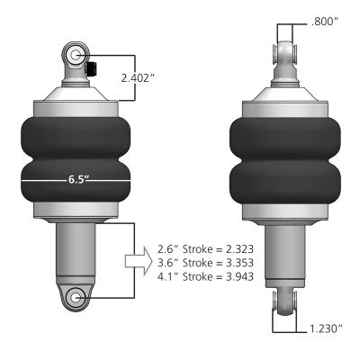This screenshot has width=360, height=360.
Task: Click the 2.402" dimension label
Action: [x=139, y=77]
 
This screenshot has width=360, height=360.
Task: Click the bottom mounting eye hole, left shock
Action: [x=76, y=297]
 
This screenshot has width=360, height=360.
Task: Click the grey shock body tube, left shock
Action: [x=76, y=252]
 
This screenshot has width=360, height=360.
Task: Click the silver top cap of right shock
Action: [x=283, y=99]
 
